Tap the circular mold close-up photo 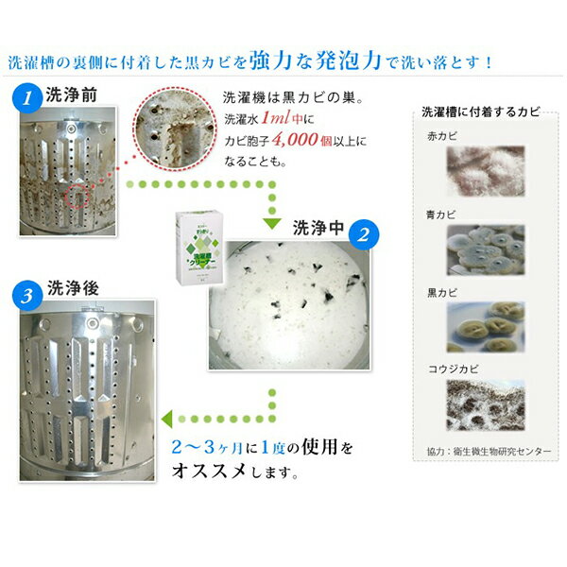(170, 128)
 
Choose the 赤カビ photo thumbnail (479, 174)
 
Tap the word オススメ (204, 470)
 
